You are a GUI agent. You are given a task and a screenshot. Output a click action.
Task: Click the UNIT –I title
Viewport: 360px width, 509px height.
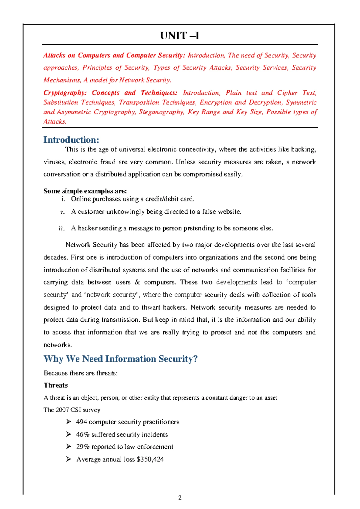[x=179, y=36]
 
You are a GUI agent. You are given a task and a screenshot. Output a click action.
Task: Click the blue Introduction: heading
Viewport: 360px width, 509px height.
[x=71, y=140]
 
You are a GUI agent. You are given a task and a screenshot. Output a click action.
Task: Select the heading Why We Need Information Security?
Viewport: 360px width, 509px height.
[x=121, y=359]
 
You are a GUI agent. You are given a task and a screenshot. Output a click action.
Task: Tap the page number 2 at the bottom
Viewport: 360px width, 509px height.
[x=180, y=498]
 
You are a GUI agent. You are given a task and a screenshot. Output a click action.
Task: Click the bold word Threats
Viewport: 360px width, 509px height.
[x=56, y=385]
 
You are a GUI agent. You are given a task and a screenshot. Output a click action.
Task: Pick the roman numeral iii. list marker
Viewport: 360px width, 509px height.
[x=62, y=229]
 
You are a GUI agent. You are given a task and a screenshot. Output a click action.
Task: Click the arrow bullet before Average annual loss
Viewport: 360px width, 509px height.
[x=69, y=459]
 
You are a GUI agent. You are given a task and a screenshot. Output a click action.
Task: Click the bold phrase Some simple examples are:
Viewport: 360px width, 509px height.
[x=85, y=191]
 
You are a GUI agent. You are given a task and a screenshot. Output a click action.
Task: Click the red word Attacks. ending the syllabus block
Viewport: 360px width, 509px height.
[x=55, y=122]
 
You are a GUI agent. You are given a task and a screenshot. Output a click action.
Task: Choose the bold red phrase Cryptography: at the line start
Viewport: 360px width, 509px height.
[x=65, y=93]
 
